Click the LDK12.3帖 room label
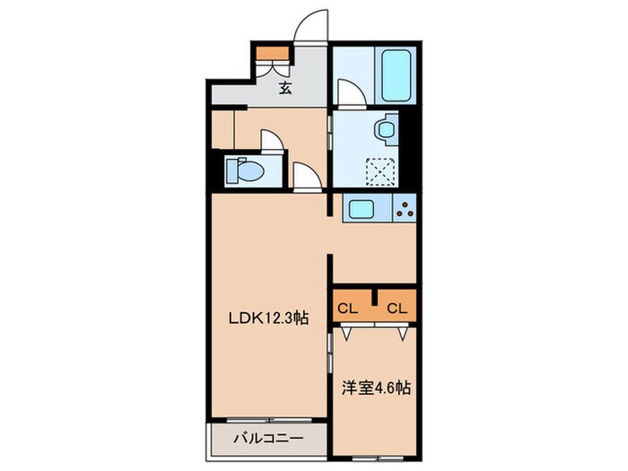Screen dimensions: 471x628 click(x=266, y=317)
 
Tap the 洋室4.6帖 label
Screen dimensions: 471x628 click(x=376, y=389)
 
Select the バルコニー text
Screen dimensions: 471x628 click(x=268, y=439)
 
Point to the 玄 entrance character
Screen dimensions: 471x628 click(x=284, y=87)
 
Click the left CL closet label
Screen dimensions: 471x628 click(x=348, y=309)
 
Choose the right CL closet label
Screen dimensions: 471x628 click(x=397, y=309)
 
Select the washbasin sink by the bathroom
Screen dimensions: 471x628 click(x=386, y=131)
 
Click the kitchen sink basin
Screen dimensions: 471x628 click(x=365, y=210)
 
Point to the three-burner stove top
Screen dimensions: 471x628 click(x=404, y=210)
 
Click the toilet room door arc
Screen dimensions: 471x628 click(x=270, y=143)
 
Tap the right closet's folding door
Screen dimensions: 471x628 click(x=399, y=331)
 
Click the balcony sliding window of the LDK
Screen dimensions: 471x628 click(x=267, y=419)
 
